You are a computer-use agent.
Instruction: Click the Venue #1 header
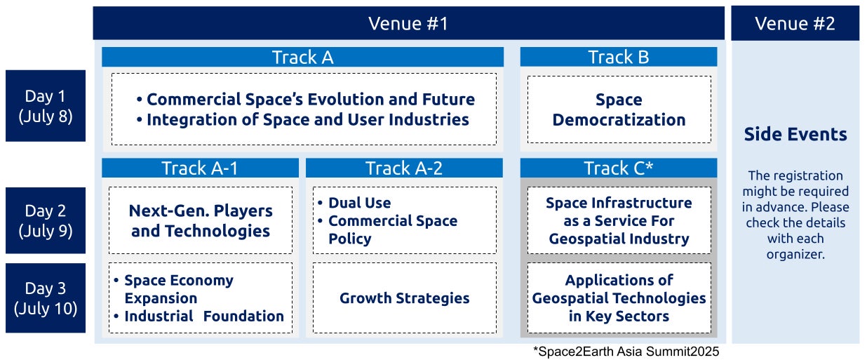pyautogui.click(x=408, y=23)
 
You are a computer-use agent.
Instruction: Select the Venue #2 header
pyautogui.click(x=795, y=23)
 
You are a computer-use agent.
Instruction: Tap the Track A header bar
pyautogui.click(x=302, y=57)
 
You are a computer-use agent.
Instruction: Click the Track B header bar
pyautogui.click(x=619, y=57)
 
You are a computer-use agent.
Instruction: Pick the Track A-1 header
pyautogui.click(x=200, y=168)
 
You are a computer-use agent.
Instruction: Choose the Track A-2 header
pyautogui.click(x=404, y=168)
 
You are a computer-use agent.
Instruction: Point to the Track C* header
pyautogui.click(x=619, y=168)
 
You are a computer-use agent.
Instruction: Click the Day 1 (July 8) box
pyautogui.click(x=46, y=106)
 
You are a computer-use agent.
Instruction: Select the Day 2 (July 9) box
pyautogui.click(x=46, y=220)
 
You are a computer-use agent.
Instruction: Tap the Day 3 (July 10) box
pyautogui.click(x=46, y=298)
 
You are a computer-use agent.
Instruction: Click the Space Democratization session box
pyautogui.click(x=619, y=109)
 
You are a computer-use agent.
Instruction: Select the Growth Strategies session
pyautogui.click(x=405, y=298)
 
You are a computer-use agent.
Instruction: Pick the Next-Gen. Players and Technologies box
pyautogui.click(x=201, y=220)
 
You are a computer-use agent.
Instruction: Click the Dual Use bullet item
pyautogui.click(x=354, y=202)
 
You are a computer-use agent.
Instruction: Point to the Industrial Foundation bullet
pyautogui.click(x=199, y=316)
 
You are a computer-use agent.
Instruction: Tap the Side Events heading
pyautogui.click(x=795, y=134)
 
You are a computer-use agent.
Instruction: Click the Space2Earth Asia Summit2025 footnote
pyautogui.click(x=626, y=351)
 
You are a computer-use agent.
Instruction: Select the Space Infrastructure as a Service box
pyautogui.click(x=619, y=220)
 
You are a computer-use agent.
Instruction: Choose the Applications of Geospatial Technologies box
pyautogui.click(x=619, y=298)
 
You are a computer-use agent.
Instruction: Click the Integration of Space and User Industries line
pyautogui.click(x=302, y=119)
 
